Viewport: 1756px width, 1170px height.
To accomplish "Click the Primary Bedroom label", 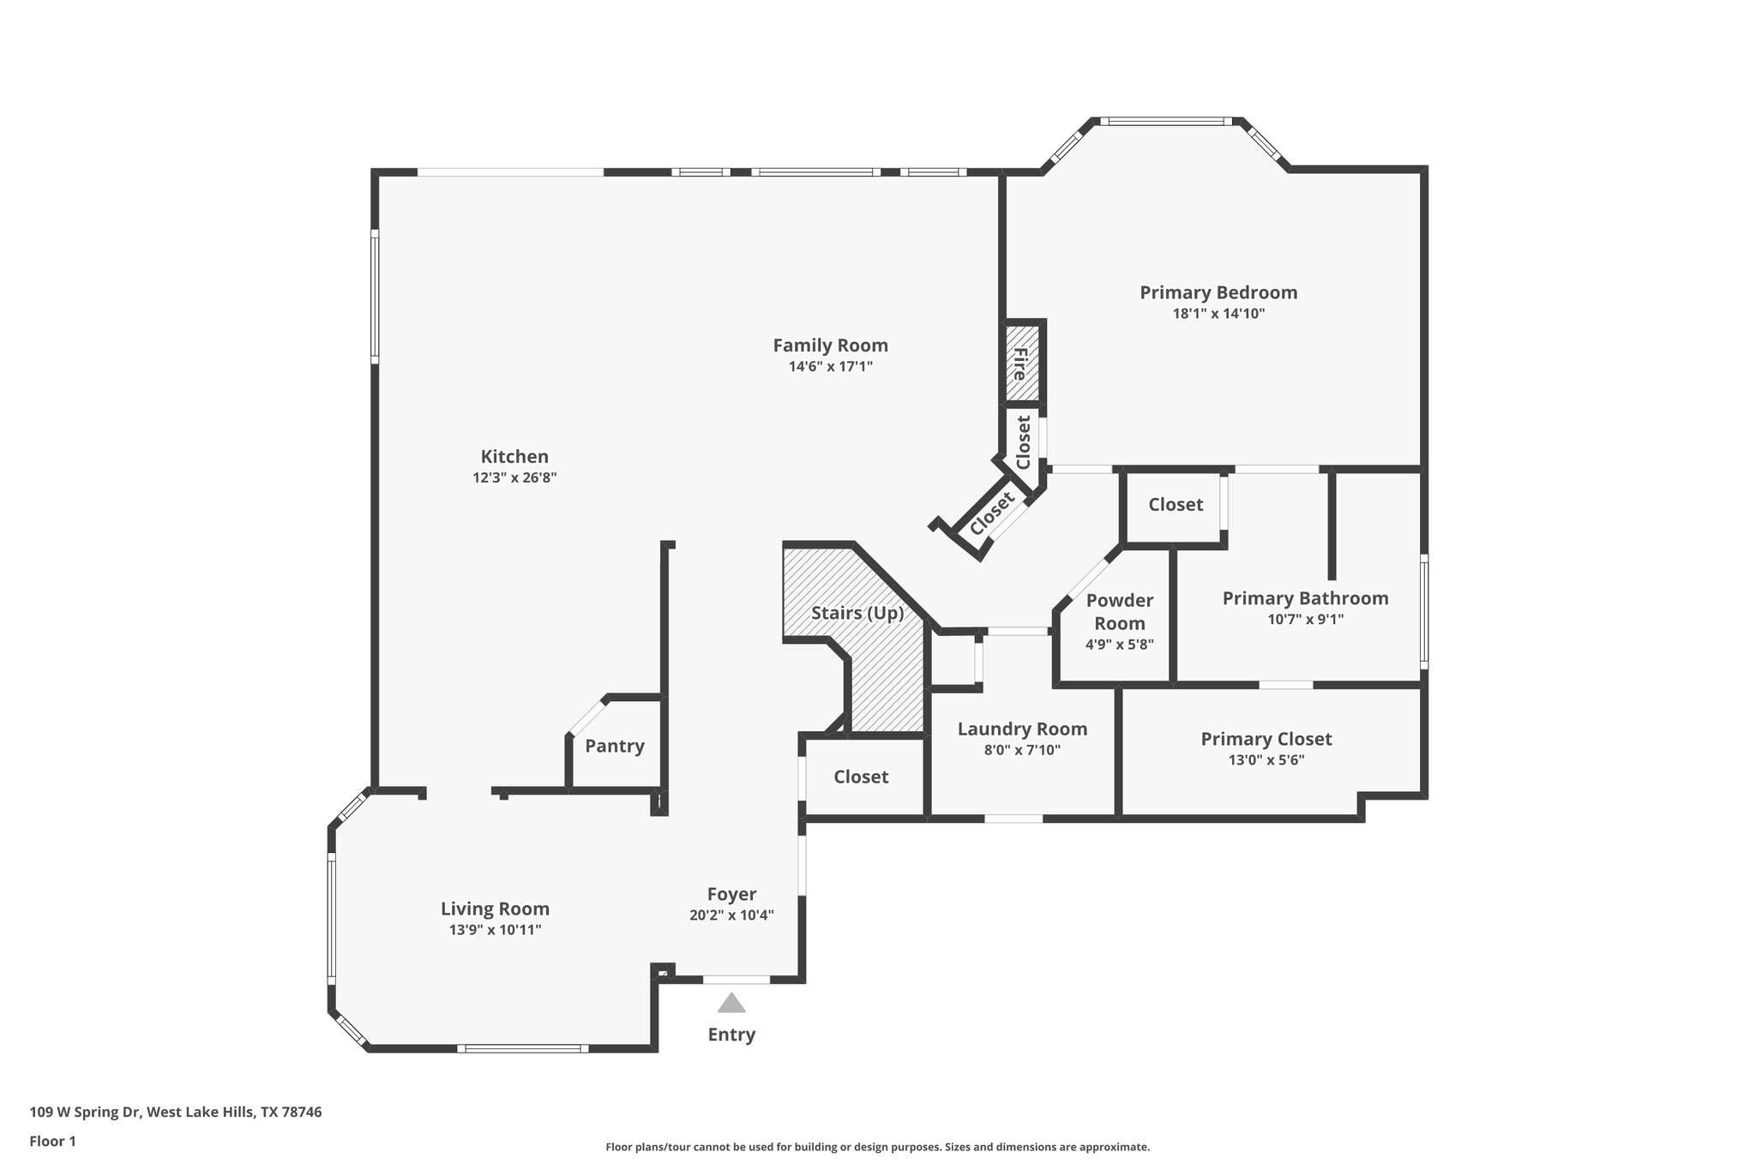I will (x=1218, y=292).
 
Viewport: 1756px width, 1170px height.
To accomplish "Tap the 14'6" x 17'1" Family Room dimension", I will (x=830, y=367).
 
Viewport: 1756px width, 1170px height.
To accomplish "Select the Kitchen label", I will (x=514, y=457).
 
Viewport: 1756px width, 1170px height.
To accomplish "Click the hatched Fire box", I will (x=1022, y=363).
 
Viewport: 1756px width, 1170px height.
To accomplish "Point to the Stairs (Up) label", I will (x=857, y=613).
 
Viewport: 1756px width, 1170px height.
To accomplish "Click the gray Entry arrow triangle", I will (x=731, y=1003).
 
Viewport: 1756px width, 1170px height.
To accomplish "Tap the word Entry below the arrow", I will (x=731, y=1035).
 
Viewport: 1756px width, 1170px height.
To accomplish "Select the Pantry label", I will (x=614, y=746).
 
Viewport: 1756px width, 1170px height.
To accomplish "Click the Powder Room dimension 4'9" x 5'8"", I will (x=1119, y=645).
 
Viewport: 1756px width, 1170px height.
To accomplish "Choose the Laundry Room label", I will (x=1022, y=729).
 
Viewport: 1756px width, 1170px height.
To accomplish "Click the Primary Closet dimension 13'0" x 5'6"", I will (x=1266, y=759).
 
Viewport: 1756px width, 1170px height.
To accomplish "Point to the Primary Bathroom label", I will (x=1305, y=598).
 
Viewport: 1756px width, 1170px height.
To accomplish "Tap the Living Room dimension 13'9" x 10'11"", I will (x=495, y=930).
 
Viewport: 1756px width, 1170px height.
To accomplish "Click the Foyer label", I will (x=731, y=894).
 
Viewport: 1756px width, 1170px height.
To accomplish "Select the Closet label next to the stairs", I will (x=861, y=777).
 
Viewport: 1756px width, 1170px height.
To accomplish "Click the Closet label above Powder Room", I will (x=1176, y=505).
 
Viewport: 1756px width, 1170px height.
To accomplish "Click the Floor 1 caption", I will (x=52, y=1141).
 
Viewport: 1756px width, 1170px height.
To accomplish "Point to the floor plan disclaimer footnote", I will (x=877, y=1147).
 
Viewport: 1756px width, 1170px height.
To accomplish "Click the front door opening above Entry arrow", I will (x=737, y=979).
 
